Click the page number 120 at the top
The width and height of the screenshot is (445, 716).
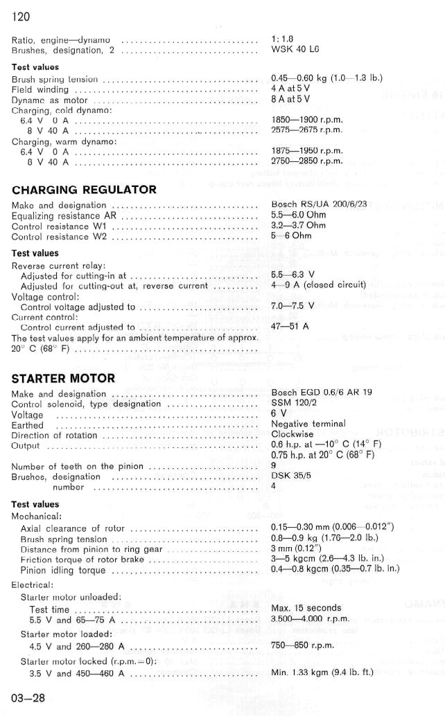(21, 17)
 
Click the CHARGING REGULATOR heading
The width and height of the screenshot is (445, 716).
(84, 190)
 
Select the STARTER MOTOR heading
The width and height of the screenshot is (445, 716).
(63, 379)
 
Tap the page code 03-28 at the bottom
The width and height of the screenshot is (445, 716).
(28, 697)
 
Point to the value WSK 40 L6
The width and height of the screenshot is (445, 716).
(295, 51)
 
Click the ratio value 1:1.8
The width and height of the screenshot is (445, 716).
(283, 40)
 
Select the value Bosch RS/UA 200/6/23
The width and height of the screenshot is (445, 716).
(319, 205)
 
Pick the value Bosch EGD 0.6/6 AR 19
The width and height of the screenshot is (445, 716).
(322, 393)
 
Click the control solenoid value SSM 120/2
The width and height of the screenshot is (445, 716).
(295, 403)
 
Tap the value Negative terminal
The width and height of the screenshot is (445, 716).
(308, 424)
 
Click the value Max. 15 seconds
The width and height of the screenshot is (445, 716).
(306, 609)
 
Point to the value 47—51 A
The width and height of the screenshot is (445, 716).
(290, 326)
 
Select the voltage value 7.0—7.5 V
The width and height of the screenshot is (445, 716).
(293, 305)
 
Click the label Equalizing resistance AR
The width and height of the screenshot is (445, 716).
(61, 215)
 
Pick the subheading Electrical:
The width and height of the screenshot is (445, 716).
(33, 584)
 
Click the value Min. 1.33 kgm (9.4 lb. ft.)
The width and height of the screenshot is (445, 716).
(322, 672)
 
